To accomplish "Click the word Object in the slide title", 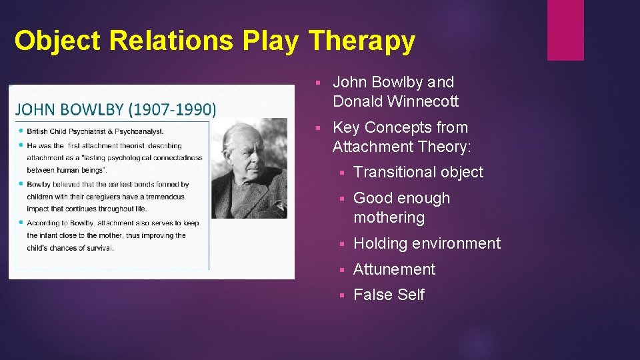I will pos(57,41).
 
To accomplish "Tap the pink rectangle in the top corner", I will pos(565,30).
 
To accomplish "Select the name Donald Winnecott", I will pos(395,101).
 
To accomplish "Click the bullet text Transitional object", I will pos(418,172).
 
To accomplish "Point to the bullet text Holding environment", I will pos(427,243).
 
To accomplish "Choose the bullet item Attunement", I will pos(394,269).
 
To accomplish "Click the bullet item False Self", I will pos(389,295).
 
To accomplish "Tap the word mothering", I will pos(389,217).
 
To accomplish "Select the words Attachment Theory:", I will pos(401,146).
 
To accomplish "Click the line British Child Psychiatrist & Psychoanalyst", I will pos(95,131).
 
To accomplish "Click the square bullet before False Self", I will pos(340,295).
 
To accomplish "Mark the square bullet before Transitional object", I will pos(340,173).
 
